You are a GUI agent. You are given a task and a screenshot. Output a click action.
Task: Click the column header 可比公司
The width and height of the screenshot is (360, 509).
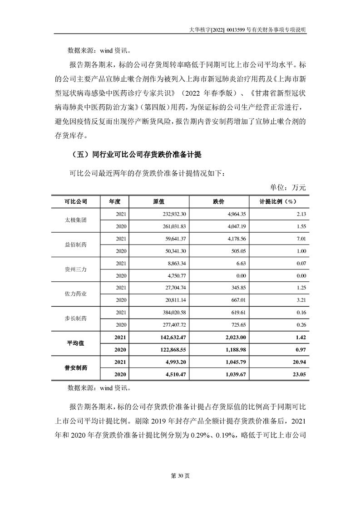[75, 201]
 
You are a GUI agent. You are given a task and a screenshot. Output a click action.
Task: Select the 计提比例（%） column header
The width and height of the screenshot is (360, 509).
[277, 201]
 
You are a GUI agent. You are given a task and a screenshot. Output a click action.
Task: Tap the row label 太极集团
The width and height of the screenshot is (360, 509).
[75, 220]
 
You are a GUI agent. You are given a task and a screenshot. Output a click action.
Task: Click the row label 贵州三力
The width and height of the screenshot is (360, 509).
[75, 269]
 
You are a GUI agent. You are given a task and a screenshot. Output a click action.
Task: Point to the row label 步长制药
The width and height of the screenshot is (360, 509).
[75, 318]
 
